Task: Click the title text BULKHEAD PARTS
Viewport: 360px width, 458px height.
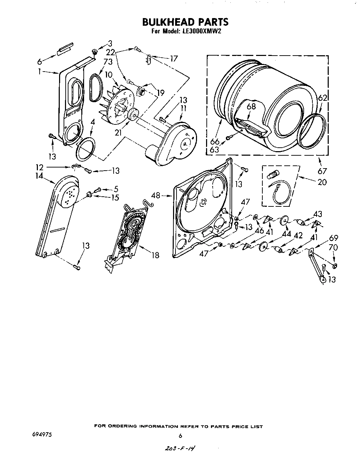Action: pyautogui.click(x=185, y=22)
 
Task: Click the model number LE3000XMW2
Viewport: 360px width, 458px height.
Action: pyautogui.click(x=201, y=31)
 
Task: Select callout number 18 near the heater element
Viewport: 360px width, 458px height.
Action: pyautogui.click(x=155, y=255)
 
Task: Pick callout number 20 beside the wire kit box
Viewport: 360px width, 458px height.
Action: pyautogui.click(x=322, y=182)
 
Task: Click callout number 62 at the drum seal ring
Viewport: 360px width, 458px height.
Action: pyautogui.click(x=322, y=98)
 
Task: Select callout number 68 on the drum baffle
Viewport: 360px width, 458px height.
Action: pyautogui.click(x=251, y=106)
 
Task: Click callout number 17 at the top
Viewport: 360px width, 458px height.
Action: pyautogui.click(x=173, y=58)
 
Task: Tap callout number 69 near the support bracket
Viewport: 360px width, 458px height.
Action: pyautogui.click(x=334, y=238)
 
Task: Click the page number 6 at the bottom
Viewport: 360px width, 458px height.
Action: pyautogui.click(x=180, y=436)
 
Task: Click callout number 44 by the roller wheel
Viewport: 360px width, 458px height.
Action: pyautogui.click(x=286, y=234)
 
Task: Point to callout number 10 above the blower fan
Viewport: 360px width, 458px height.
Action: pyautogui.click(x=108, y=75)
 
